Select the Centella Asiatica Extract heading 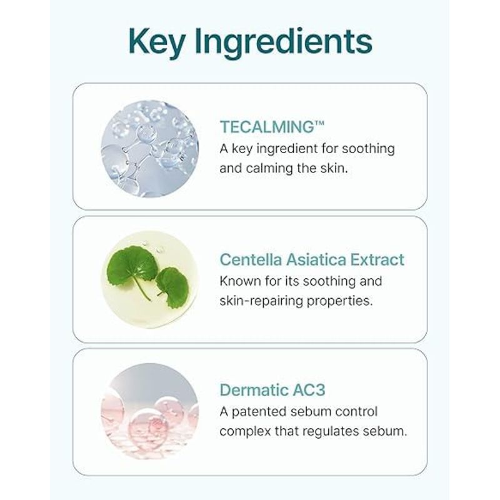point(312,259)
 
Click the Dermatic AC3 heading point(272,391)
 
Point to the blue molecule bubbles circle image point(149,149)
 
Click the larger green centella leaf point(132,268)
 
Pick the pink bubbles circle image point(149,411)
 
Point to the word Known point(241,281)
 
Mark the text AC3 point(306,391)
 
